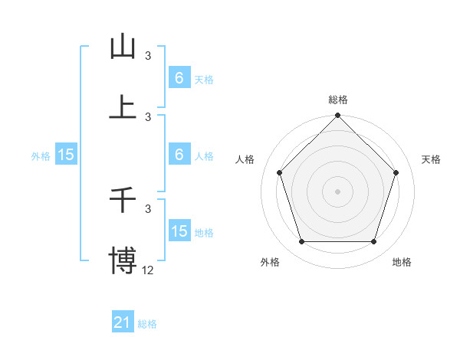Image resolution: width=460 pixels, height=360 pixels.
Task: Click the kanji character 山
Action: (123, 47)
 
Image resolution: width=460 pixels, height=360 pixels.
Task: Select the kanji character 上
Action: (123, 107)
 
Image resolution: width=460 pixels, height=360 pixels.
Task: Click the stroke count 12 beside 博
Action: (148, 269)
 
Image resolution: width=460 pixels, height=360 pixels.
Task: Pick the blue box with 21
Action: (123, 323)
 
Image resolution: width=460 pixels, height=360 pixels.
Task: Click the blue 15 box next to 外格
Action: (66, 155)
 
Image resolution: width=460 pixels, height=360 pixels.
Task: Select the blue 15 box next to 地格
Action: (179, 231)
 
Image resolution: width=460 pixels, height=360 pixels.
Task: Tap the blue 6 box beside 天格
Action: (179, 77)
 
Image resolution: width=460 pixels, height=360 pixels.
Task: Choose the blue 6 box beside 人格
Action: (179, 155)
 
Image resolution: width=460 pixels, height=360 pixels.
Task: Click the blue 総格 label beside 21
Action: (147, 324)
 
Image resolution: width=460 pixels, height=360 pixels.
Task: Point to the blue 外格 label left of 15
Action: (41, 156)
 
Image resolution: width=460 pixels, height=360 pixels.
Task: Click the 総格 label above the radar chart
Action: (338, 100)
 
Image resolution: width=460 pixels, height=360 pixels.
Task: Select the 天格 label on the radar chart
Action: (431, 159)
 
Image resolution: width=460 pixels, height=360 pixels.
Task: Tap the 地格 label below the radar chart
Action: (402, 262)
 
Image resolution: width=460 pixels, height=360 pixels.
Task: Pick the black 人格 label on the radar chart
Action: (245, 159)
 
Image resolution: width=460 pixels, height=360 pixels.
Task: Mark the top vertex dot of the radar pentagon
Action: (338, 116)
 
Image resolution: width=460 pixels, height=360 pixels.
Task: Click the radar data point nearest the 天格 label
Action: (396, 172)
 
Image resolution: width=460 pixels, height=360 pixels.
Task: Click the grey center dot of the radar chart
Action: (338, 191)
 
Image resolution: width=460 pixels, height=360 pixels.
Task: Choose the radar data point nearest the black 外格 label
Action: (301, 242)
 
